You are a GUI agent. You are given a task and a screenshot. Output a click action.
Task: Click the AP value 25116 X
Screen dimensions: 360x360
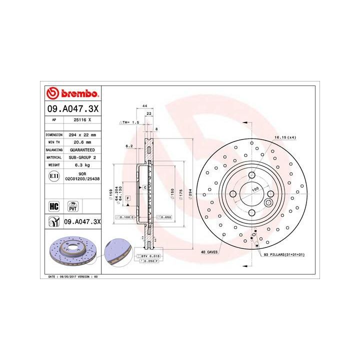pos(81,120)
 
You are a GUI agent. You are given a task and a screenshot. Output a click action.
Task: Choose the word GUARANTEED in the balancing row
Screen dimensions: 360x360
pos(81,149)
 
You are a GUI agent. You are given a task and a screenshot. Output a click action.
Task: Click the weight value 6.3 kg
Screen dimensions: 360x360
pos(81,164)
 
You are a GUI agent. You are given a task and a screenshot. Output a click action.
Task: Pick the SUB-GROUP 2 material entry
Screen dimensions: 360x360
pos(81,157)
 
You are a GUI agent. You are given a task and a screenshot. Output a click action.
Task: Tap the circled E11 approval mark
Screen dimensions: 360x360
pos(53,176)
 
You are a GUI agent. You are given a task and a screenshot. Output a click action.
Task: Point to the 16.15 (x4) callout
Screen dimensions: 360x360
pos(284,136)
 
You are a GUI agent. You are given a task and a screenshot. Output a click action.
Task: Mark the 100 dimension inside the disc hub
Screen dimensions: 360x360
pos(255,190)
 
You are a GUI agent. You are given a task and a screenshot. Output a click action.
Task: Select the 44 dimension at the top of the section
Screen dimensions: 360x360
pos(144,106)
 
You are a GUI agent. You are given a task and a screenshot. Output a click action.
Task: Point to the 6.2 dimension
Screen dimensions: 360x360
pos(129,146)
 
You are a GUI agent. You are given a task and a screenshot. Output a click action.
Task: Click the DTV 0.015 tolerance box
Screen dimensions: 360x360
pos(150,256)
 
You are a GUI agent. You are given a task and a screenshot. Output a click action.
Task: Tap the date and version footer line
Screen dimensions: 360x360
pos(72,276)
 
